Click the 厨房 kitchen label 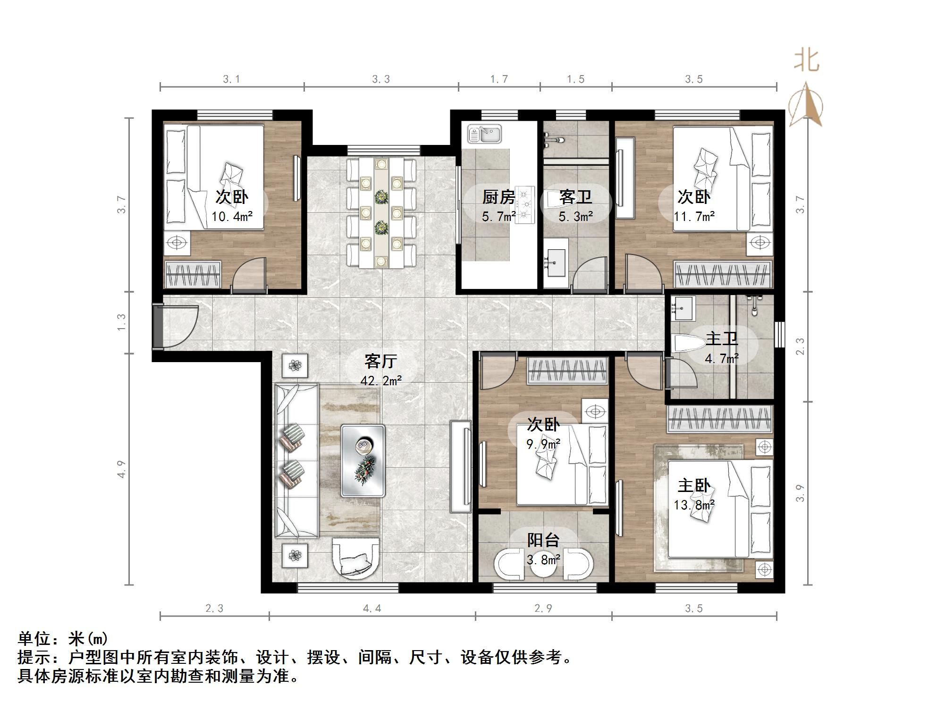[498, 197]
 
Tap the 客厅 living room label [381, 361]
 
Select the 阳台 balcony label [543, 540]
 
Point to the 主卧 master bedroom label [694, 486]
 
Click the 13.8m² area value [694, 505]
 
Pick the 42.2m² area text [381, 381]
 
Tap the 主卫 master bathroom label [722, 339]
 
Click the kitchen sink [484, 134]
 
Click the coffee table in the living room [363, 461]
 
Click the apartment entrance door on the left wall [158, 326]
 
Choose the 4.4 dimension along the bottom [372, 609]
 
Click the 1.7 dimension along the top [499, 79]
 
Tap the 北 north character [806, 61]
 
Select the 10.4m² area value [232, 217]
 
